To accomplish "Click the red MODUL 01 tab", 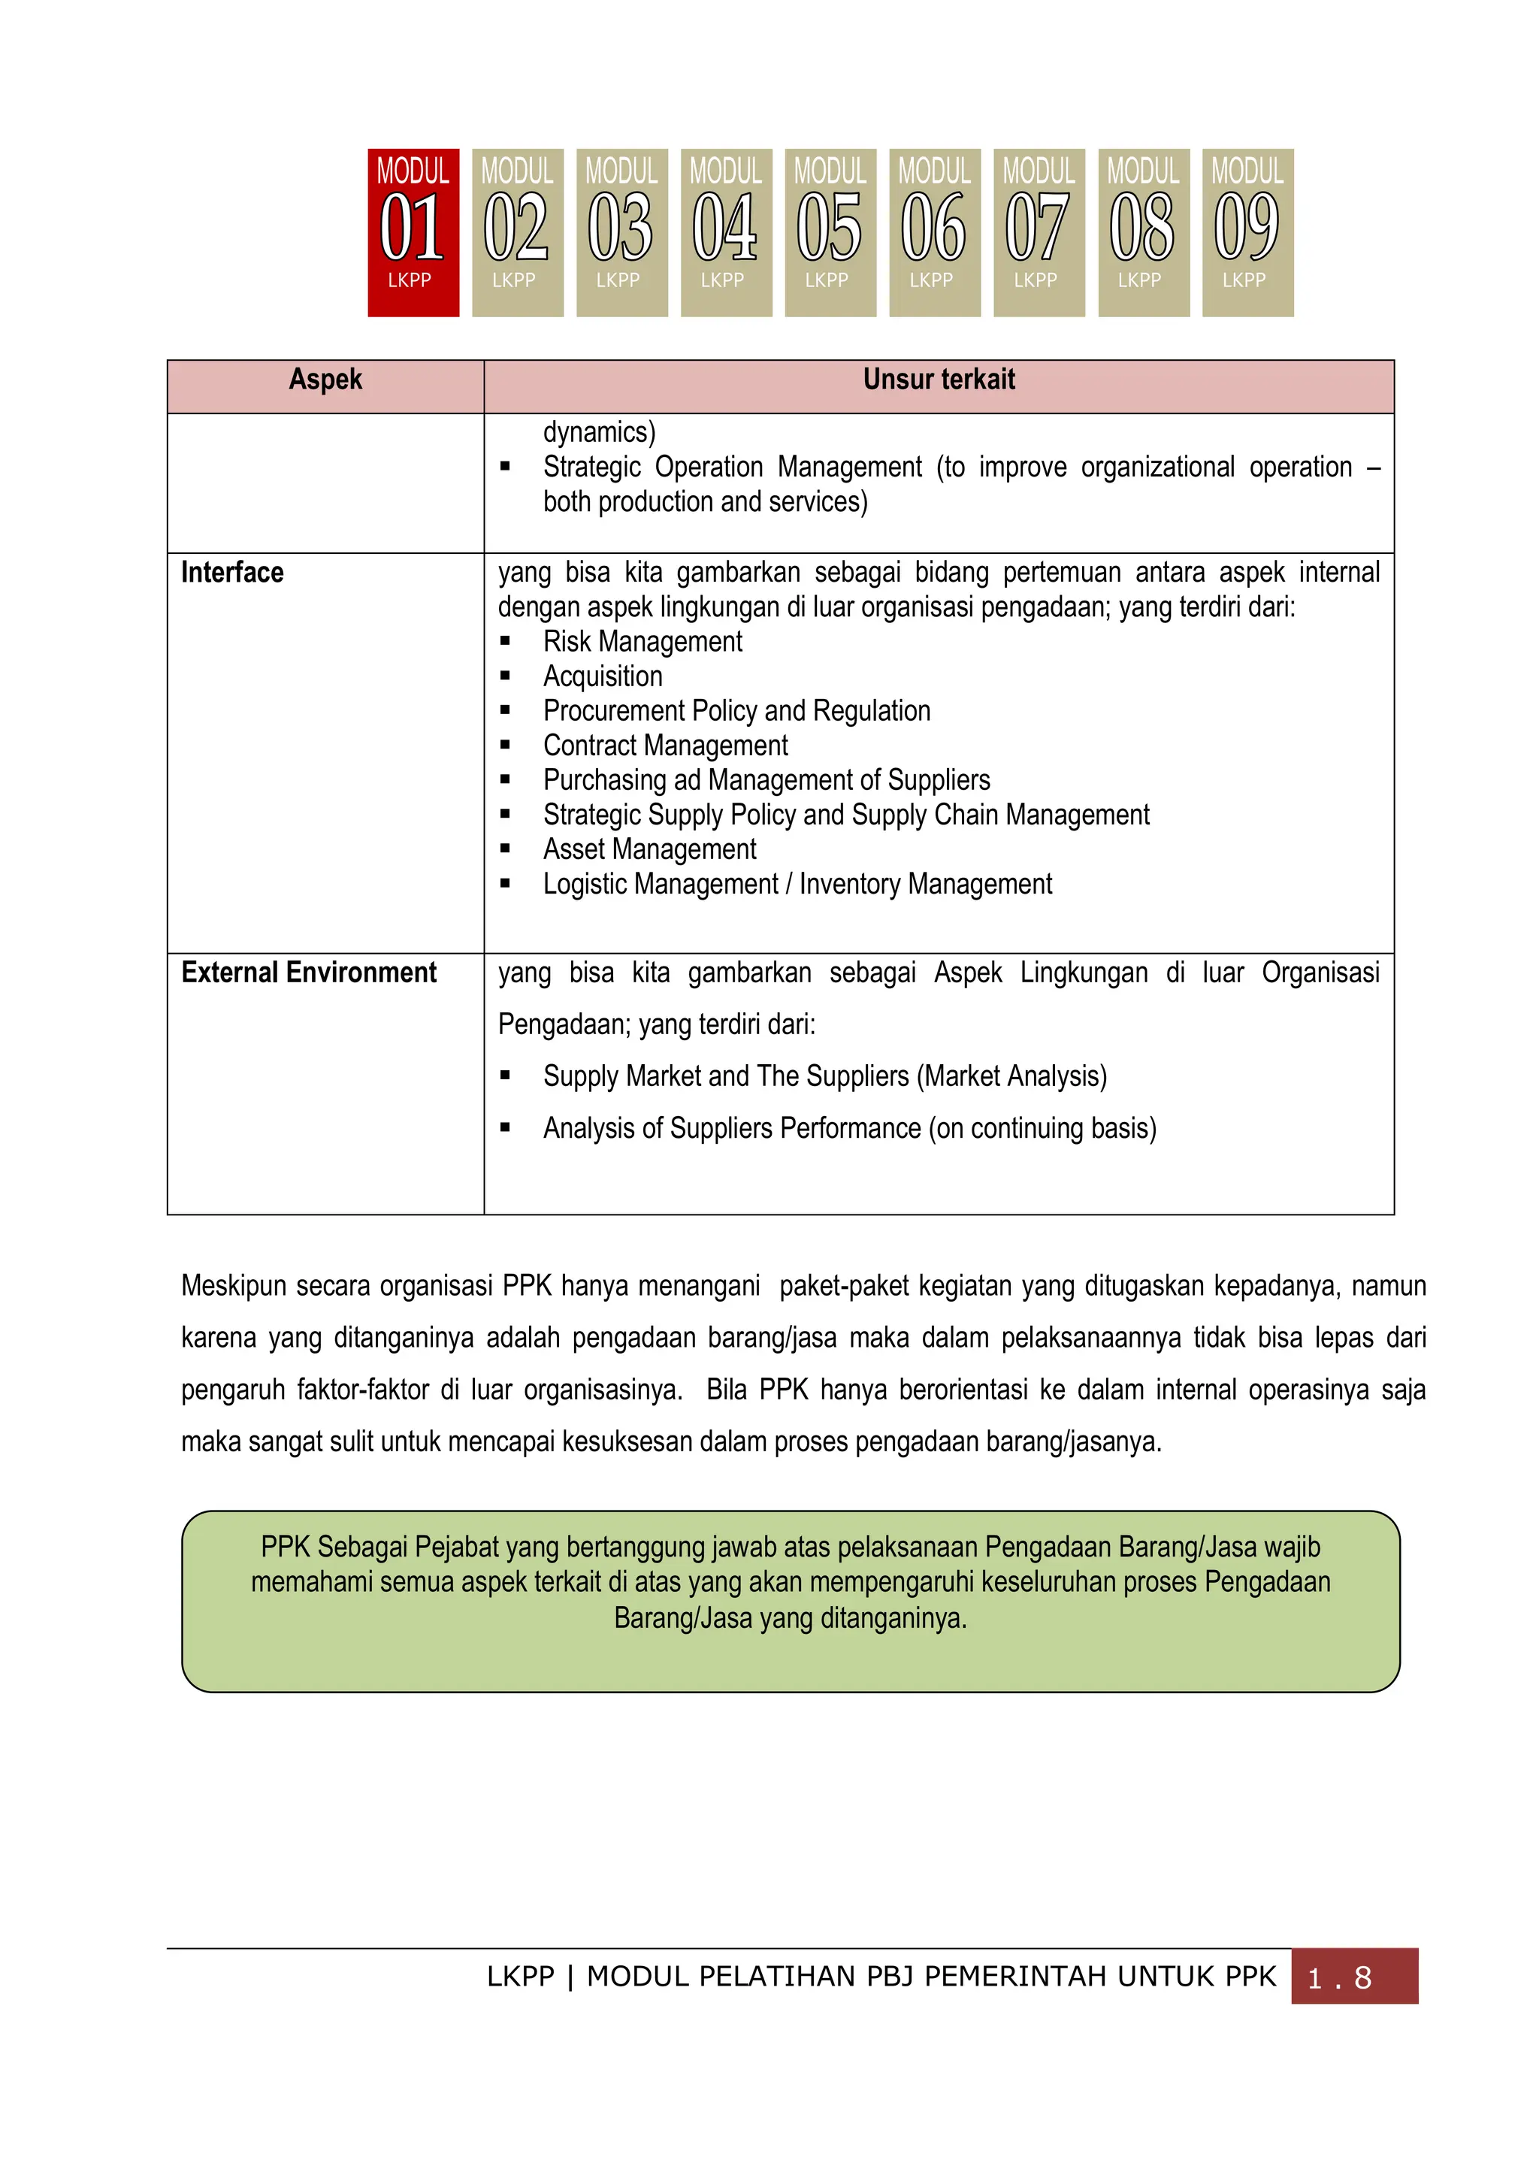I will (x=413, y=232).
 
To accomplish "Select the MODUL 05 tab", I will (x=830, y=232).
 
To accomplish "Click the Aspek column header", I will (x=325, y=380).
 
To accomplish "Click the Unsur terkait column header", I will (x=938, y=380).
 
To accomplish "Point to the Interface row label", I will (x=232, y=573).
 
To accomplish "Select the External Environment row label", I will (x=308, y=973).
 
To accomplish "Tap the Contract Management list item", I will (x=665, y=746).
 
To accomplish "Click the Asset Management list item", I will (x=649, y=849).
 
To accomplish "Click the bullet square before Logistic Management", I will (x=506, y=884).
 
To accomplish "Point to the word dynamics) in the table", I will (x=599, y=433).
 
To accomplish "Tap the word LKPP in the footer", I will (x=519, y=1976).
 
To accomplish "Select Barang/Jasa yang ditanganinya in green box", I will (x=790, y=1618).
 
